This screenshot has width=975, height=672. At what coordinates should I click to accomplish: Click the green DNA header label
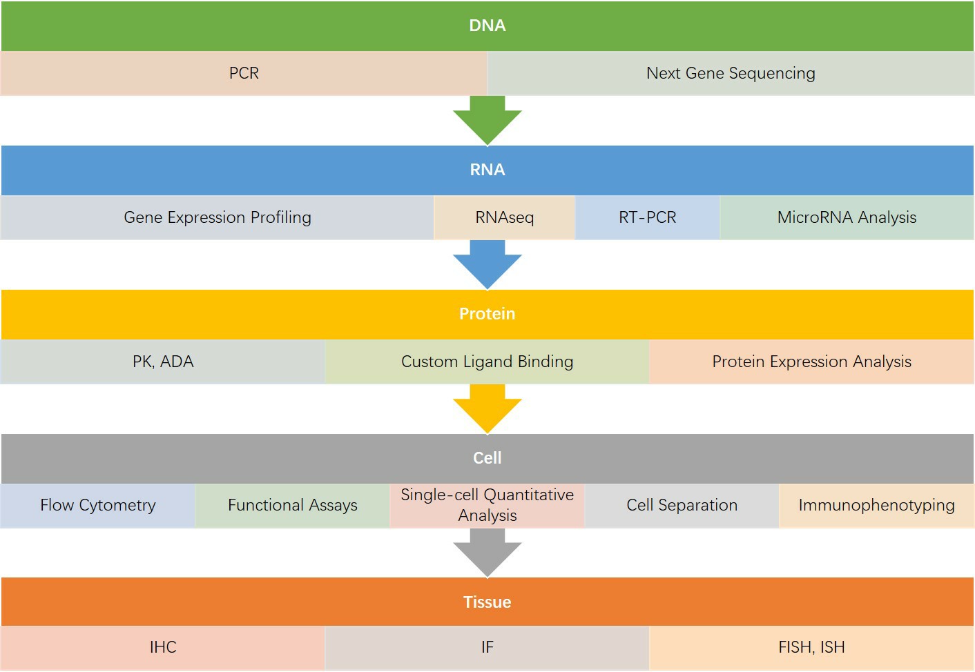tap(487, 26)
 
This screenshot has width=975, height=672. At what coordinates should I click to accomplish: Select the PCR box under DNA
tap(244, 73)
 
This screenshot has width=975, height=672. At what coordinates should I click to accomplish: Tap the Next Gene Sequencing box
tap(731, 73)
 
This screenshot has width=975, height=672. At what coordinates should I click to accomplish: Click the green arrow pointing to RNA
tap(487, 121)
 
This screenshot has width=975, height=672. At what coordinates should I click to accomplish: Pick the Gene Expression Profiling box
tap(217, 217)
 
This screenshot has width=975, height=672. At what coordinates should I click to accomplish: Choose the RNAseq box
tap(504, 217)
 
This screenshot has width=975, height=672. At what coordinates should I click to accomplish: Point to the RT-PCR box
tap(647, 217)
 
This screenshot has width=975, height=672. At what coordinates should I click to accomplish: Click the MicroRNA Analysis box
tap(847, 217)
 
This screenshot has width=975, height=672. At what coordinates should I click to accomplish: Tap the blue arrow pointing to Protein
tap(487, 265)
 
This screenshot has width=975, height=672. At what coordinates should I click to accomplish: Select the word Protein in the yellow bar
tap(487, 314)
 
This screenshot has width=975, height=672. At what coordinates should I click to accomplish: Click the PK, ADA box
tap(163, 362)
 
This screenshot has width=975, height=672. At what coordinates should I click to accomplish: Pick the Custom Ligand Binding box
tap(487, 362)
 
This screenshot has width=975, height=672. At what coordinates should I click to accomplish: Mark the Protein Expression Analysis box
tap(811, 362)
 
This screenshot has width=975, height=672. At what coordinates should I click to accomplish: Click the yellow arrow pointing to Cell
tap(487, 409)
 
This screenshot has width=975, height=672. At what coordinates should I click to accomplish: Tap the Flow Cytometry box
tap(97, 505)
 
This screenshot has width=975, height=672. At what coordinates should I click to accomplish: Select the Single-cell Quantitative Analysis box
tap(487, 505)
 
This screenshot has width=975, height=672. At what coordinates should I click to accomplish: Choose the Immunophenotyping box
tap(876, 505)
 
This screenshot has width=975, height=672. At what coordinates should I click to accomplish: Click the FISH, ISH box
tap(811, 647)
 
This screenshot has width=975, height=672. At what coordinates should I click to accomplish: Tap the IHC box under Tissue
tap(163, 647)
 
